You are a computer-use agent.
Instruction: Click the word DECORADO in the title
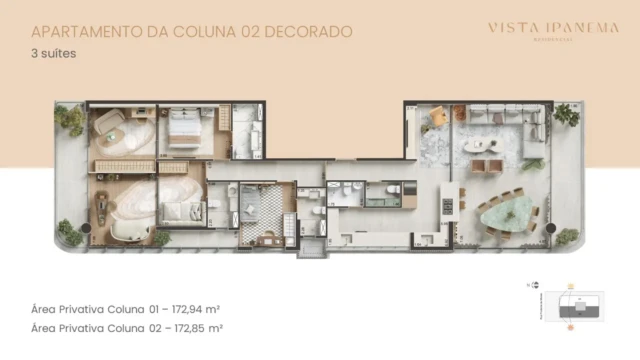(x=312, y=32)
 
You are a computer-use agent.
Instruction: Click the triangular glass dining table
(x=502, y=212)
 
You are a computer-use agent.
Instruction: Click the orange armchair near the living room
(x=437, y=118)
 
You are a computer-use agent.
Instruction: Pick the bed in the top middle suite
(x=185, y=130)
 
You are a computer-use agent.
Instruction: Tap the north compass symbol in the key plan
(x=529, y=286)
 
